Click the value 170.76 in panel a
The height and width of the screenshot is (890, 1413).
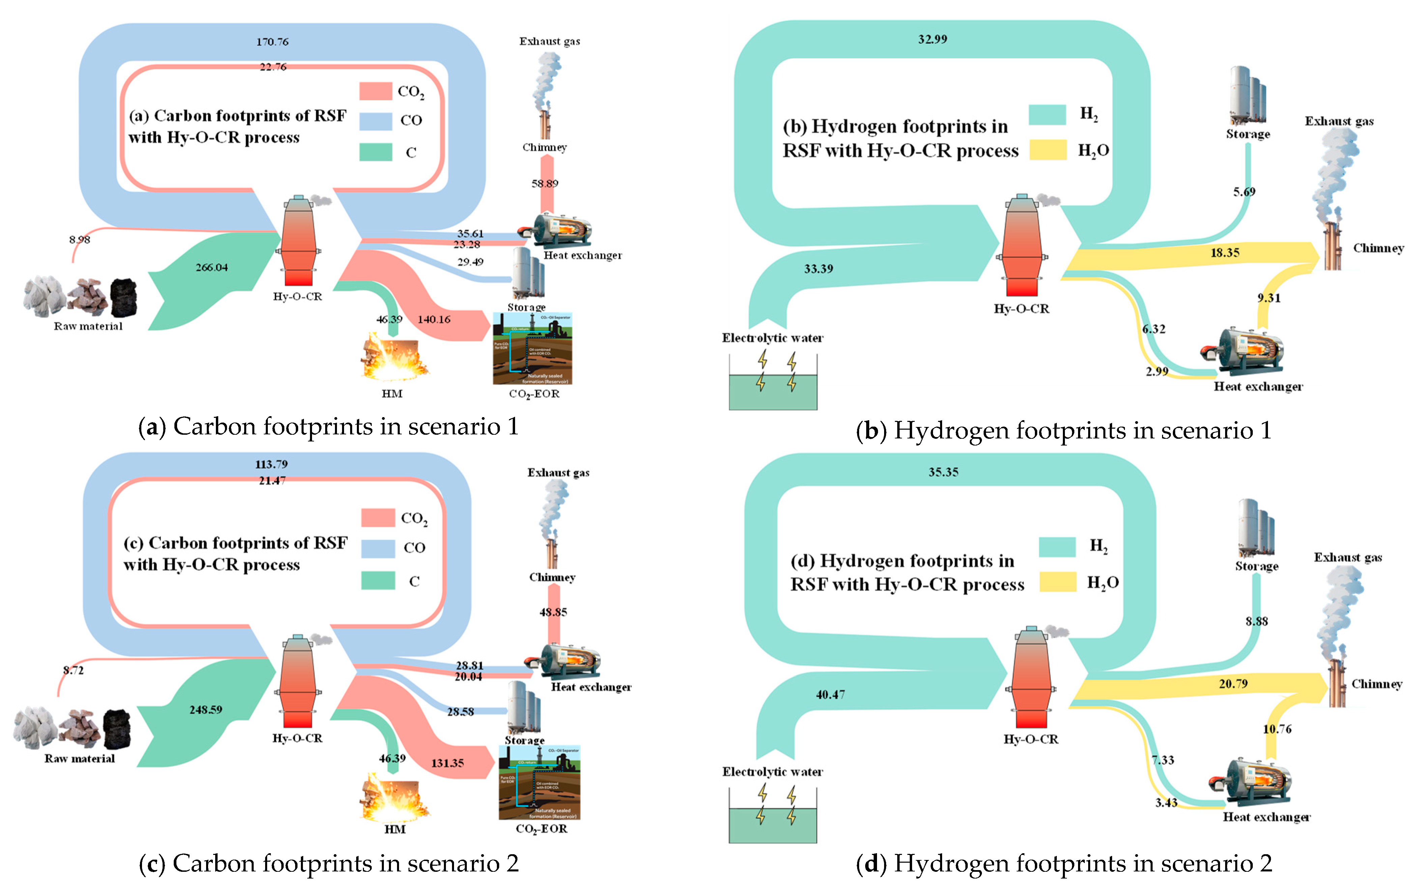click(x=272, y=42)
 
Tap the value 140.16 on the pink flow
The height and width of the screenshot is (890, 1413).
click(x=434, y=319)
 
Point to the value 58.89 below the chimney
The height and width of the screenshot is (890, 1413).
click(x=544, y=184)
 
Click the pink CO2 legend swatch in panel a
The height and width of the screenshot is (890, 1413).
click(x=375, y=91)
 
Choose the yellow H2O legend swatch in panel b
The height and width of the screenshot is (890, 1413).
click(x=1047, y=150)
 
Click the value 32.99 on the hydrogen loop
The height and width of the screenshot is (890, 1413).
click(x=932, y=39)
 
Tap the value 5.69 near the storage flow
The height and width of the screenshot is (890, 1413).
click(x=1244, y=192)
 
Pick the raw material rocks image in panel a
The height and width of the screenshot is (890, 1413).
click(x=81, y=296)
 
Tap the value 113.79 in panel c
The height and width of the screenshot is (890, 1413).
click(x=271, y=464)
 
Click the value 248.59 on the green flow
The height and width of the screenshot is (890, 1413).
click(x=205, y=710)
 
